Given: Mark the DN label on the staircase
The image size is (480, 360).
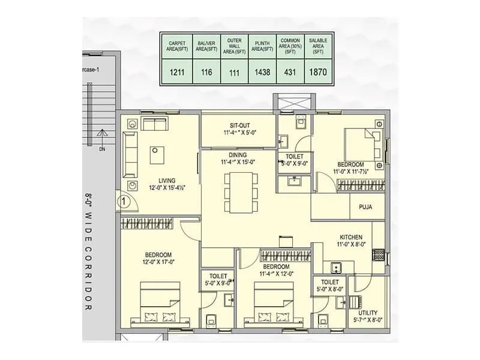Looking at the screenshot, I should point(85,148).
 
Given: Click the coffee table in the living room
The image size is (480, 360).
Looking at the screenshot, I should point(159,154).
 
